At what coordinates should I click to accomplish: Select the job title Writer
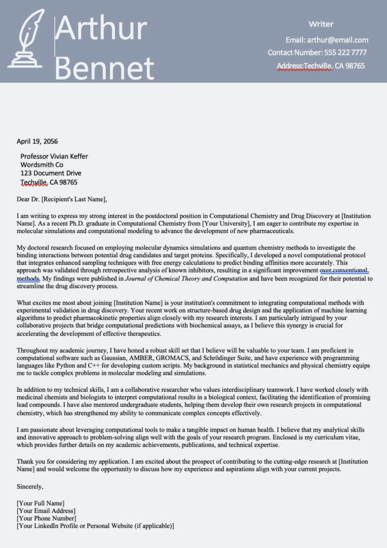coord(321,24)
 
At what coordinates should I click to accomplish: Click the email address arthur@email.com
coord(338,40)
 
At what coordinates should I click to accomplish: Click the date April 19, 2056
coord(37,141)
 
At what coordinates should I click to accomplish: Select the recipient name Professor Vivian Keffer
coord(54,156)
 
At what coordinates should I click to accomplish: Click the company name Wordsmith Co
coord(41,165)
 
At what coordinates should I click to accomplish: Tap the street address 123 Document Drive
coord(50,173)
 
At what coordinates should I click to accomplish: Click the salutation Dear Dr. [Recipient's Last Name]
coord(62,199)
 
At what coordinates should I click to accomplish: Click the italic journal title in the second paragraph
coord(186,279)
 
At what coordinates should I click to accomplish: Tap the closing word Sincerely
coord(30,487)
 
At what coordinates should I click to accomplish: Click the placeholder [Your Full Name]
coord(40,503)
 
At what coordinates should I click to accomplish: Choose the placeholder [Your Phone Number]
coord(46,518)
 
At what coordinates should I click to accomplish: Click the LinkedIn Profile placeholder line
coord(95,526)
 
